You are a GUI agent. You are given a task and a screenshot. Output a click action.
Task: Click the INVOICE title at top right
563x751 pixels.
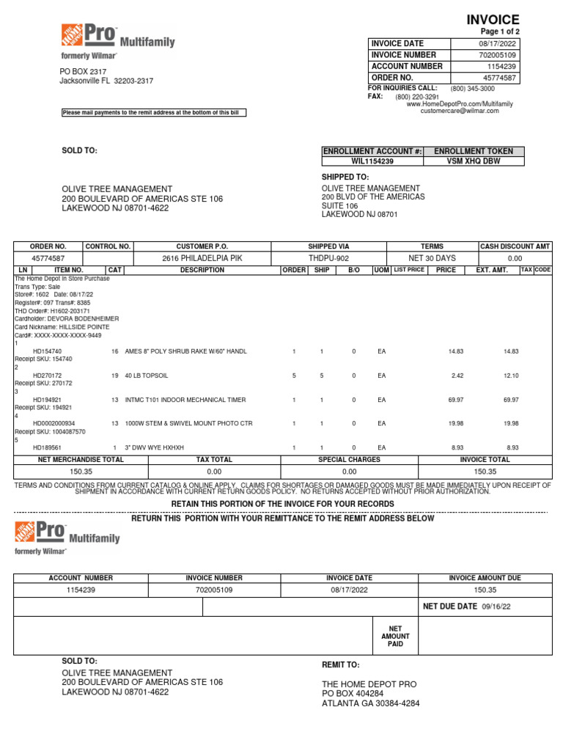(493, 20)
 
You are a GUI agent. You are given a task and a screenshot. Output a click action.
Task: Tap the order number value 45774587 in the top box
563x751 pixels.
(499, 78)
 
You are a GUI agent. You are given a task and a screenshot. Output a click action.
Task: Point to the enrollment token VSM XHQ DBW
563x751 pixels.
(474, 161)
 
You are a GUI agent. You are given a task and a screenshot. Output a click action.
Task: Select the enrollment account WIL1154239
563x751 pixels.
(372, 161)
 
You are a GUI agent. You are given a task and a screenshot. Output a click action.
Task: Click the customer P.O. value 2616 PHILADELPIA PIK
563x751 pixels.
(202, 258)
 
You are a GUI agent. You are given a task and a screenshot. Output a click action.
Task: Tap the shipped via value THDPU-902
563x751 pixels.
(328, 258)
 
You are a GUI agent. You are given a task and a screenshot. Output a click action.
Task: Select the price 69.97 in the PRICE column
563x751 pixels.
(455, 400)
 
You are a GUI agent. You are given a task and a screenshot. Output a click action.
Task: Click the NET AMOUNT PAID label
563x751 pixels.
(395, 636)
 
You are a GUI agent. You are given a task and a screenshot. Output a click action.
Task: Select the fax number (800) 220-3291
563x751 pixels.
(417, 97)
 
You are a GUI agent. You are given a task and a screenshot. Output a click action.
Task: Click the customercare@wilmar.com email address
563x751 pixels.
(459, 111)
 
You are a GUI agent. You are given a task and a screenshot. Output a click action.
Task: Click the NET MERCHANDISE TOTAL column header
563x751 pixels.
(81, 460)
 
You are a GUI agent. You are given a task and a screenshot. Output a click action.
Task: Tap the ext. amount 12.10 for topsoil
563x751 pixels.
(510, 375)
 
